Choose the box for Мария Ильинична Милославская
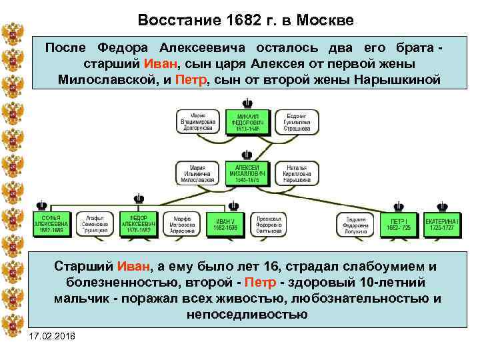197,172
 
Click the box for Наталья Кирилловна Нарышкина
296,172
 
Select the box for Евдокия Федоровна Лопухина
358,225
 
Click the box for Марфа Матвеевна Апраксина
182,225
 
